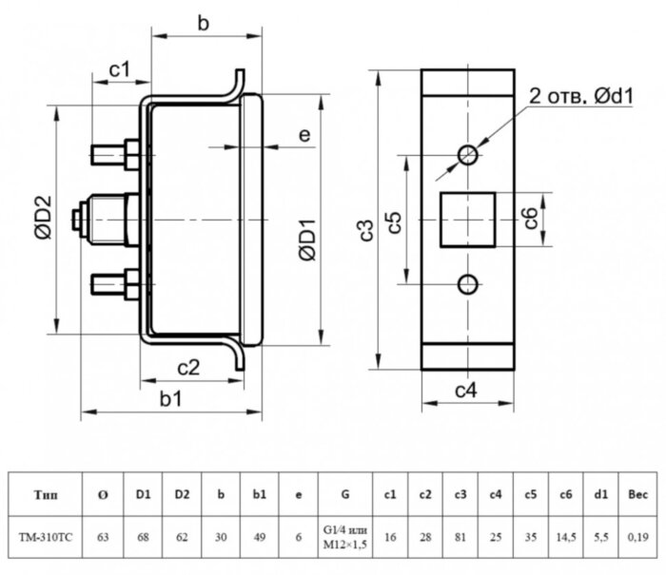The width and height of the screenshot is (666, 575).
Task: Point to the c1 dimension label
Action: [119, 68]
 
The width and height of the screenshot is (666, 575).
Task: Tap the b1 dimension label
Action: [171, 399]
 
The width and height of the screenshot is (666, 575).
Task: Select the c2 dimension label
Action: [188, 368]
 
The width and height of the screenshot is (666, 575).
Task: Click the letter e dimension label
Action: [304, 136]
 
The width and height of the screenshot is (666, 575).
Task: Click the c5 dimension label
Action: [397, 222]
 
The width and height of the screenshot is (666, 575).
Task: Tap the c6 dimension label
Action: [533, 219]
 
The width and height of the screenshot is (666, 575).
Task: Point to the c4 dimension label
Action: [465, 390]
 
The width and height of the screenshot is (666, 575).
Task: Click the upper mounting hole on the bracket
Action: [467, 154]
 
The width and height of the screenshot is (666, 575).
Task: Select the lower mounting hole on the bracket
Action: [467, 283]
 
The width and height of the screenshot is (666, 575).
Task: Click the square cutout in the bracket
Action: [467, 219]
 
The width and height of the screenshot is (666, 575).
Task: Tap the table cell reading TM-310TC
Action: [45, 537]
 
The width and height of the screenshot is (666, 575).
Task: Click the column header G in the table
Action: [343, 494]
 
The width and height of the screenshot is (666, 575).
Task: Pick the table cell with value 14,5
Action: [566, 537]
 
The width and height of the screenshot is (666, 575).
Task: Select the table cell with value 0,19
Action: [637, 537]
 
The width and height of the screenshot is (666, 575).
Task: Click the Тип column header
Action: [45, 494]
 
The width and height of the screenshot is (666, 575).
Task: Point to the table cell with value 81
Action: [460, 537]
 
